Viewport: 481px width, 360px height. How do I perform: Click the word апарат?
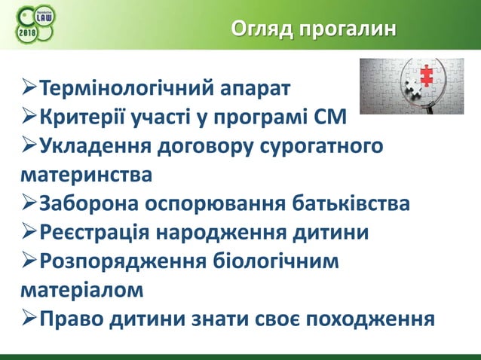pyautogui.click(x=255, y=92)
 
